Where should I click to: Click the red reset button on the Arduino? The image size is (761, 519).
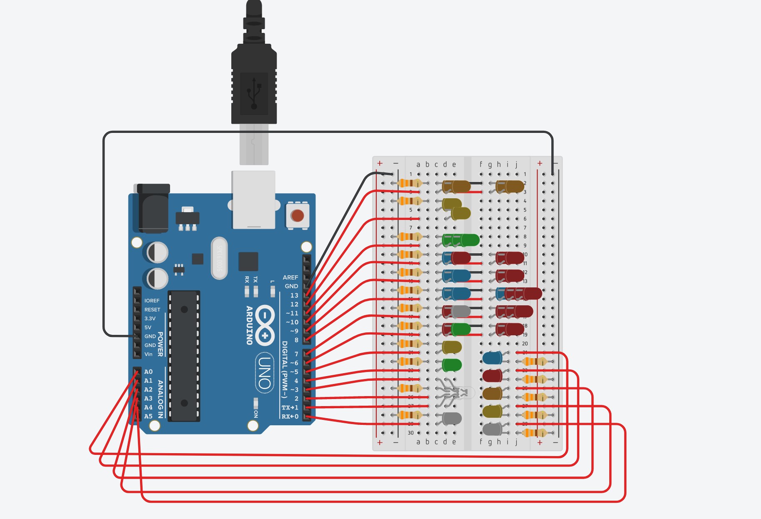[297, 215]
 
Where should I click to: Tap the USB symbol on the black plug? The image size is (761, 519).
[254, 93]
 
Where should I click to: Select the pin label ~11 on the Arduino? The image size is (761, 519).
[292, 313]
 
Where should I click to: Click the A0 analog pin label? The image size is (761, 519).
[148, 372]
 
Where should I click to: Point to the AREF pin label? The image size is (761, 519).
[290, 277]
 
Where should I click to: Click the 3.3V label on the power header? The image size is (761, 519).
[150, 318]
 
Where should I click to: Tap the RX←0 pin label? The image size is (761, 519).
[290, 417]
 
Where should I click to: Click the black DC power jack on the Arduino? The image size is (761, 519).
[153, 208]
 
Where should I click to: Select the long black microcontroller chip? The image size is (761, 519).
[184, 356]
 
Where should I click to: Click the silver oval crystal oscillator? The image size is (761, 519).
[219, 258]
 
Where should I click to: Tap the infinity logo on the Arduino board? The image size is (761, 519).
[265, 325]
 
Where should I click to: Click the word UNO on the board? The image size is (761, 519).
[264, 372]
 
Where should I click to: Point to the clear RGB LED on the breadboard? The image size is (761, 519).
[458, 392]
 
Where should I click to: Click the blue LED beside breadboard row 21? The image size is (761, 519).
[492, 358]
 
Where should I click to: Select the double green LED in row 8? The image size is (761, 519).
[461, 240]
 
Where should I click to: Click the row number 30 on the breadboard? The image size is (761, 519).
[411, 433]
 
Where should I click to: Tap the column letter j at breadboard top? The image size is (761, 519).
[516, 164]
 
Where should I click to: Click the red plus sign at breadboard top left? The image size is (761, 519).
[380, 163]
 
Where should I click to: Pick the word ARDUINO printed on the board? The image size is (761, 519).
[249, 325]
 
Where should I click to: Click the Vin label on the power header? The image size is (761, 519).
[148, 354]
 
